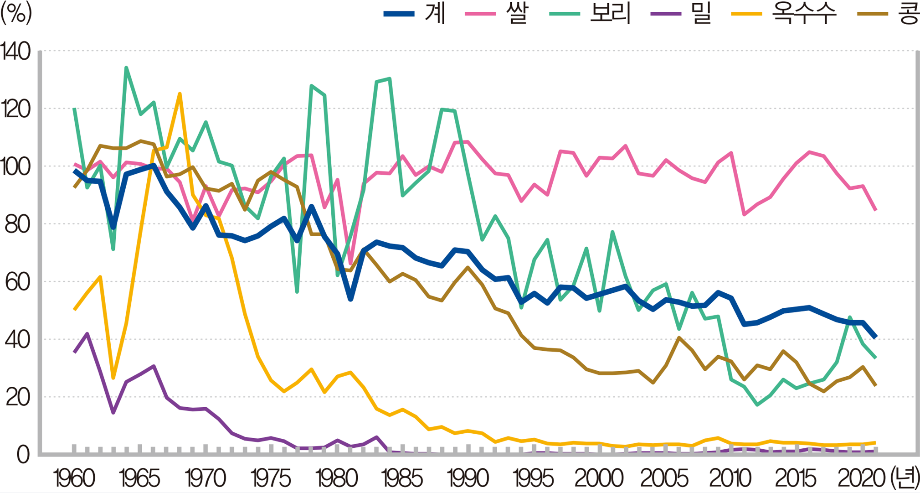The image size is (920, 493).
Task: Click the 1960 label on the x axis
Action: (x=74, y=479)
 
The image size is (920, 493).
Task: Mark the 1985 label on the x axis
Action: (x=402, y=479)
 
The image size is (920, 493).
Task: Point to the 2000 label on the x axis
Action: (x=599, y=479)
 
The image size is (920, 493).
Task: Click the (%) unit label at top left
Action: (x=16, y=14)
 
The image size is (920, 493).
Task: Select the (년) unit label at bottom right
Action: (x=902, y=479)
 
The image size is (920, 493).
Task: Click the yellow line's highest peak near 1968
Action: (x=180, y=94)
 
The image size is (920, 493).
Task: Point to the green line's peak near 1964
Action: (x=126, y=68)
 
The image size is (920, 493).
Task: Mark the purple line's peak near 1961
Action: (x=87, y=334)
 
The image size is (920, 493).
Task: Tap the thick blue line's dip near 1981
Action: (x=350, y=299)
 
